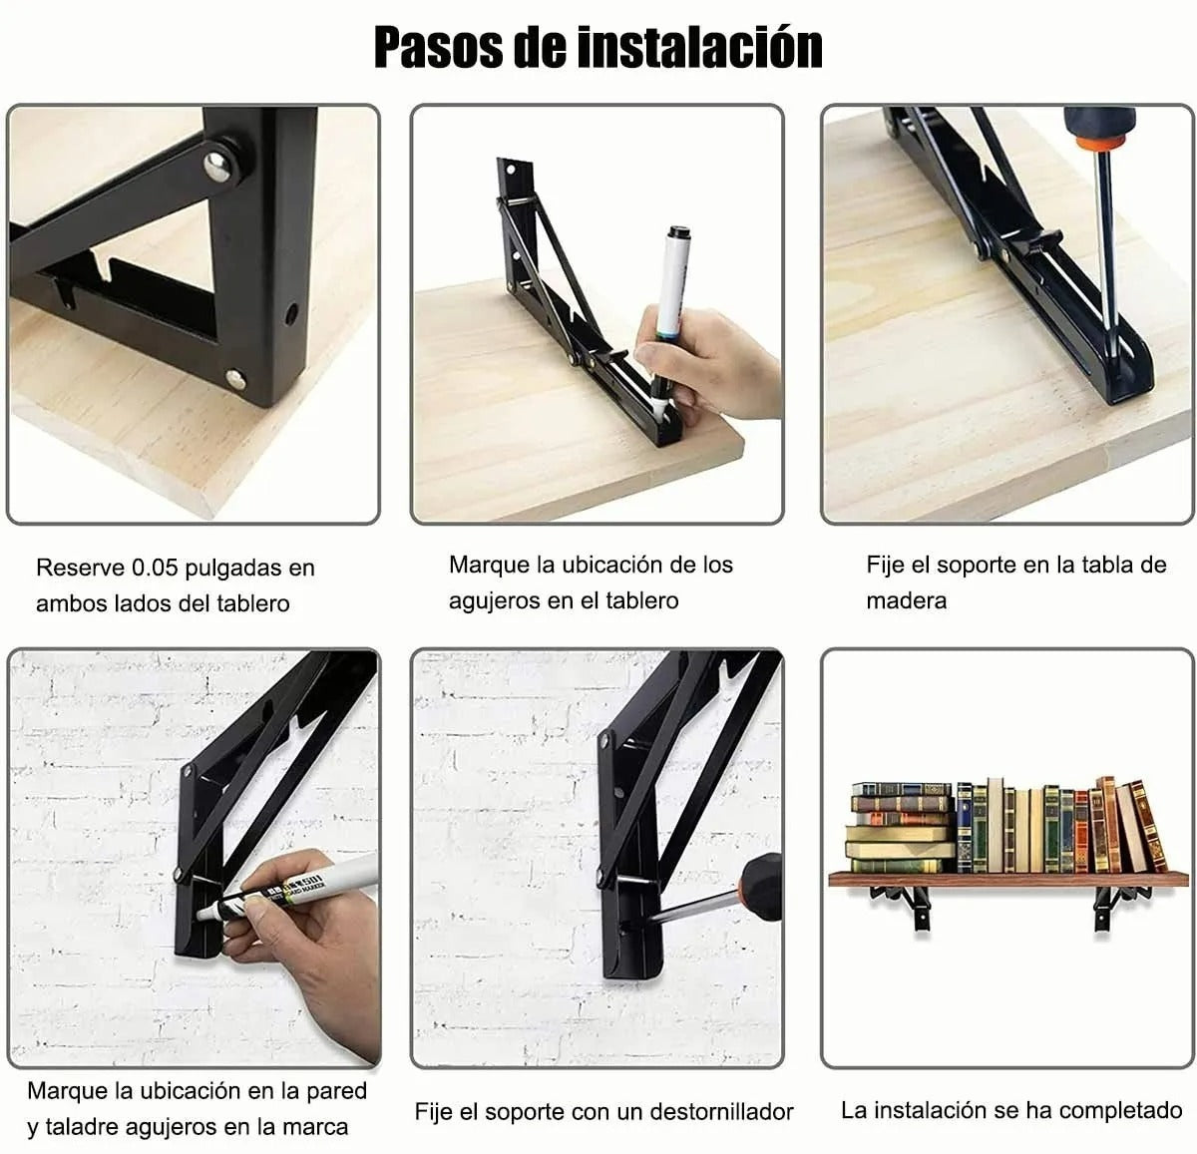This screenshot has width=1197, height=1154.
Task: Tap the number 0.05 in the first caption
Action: [x=155, y=569]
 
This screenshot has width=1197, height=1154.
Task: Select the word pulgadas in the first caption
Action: [x=234, y=569]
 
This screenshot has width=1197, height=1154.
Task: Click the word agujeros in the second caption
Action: [x=494, y=601]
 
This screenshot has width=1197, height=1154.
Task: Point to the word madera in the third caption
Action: [x=906, y=601]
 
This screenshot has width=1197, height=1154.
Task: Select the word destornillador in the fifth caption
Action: [x=721, y=1111]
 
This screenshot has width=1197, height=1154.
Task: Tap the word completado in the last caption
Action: [x=1120, y=1110]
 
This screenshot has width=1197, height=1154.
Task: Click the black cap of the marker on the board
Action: [x=679, y=234]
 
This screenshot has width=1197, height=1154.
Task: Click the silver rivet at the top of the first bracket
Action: [x=217, y=163]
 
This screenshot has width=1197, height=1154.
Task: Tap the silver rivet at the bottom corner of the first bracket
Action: [x=236, y=377]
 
